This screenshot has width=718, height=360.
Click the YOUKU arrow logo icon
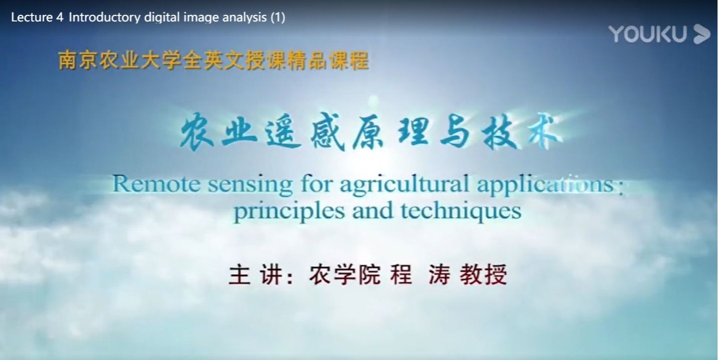point(702,34)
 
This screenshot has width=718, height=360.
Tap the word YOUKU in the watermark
point(648,34)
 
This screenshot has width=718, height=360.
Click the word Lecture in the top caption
point(32,17)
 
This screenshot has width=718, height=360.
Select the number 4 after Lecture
point(60,17)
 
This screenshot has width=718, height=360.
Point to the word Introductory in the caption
point(105,17)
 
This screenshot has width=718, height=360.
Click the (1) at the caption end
point(278,17)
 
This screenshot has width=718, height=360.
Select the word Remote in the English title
point(157,184)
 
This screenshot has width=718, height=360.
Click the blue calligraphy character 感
point(328,132)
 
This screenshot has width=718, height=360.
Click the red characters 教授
point(483,275)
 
